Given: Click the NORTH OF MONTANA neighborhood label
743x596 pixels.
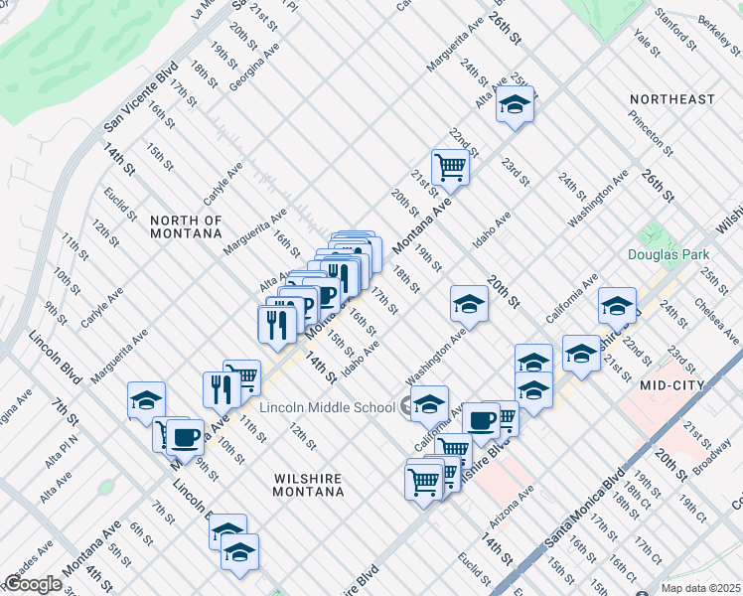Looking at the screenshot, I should (185, 226).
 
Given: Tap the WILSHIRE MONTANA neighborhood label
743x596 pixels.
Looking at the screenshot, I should (309, 484).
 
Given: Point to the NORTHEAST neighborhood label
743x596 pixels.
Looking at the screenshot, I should (672, 99).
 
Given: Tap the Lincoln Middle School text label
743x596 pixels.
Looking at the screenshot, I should (328, 407).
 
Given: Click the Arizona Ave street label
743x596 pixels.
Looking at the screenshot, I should (511, 508).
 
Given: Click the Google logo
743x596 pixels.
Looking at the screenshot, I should (33, 583).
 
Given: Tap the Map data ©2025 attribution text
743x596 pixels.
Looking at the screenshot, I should (701, 588).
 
